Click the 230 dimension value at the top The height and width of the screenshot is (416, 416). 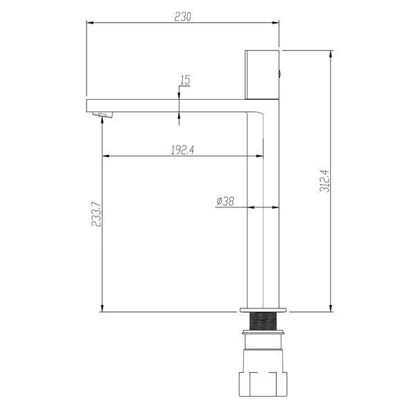183,17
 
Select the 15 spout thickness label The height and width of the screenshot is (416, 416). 185,80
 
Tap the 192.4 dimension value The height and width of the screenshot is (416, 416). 182,150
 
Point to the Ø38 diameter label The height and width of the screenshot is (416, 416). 225,201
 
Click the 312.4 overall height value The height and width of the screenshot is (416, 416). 324,181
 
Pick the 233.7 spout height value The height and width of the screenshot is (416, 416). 96,214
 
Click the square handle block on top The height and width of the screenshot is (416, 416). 262,75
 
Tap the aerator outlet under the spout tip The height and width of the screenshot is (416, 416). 103,114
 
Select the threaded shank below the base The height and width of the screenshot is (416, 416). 263,321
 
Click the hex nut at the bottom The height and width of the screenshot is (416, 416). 263,384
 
